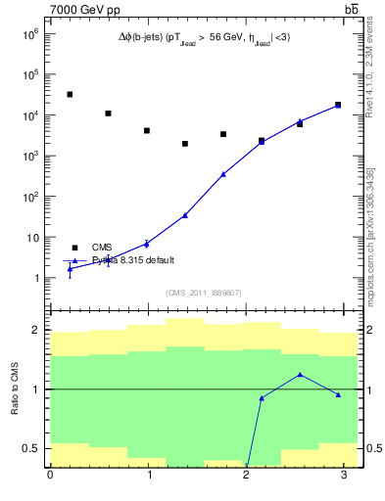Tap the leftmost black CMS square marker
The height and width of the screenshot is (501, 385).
click(x=70, y=95)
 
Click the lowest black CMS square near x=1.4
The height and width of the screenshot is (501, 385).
click(x=184, y=144)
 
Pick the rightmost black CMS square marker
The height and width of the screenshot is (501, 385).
click(x=338, y=105)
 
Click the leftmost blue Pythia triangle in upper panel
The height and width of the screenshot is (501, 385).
click(x=70, y=268)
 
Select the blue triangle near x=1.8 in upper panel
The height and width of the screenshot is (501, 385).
click(x=223, y=174)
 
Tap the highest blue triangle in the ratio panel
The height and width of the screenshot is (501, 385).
click(x=300, y=375)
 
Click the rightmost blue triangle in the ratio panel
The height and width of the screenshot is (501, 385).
click(x=338, y=394)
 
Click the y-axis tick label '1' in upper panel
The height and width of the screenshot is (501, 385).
click(x=37, y=279)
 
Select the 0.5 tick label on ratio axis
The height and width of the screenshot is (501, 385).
click(x=32, y=449)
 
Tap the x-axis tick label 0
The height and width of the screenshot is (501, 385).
click(x=50, y=477)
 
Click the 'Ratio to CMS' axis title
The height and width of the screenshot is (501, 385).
click(x=16, y=389)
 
